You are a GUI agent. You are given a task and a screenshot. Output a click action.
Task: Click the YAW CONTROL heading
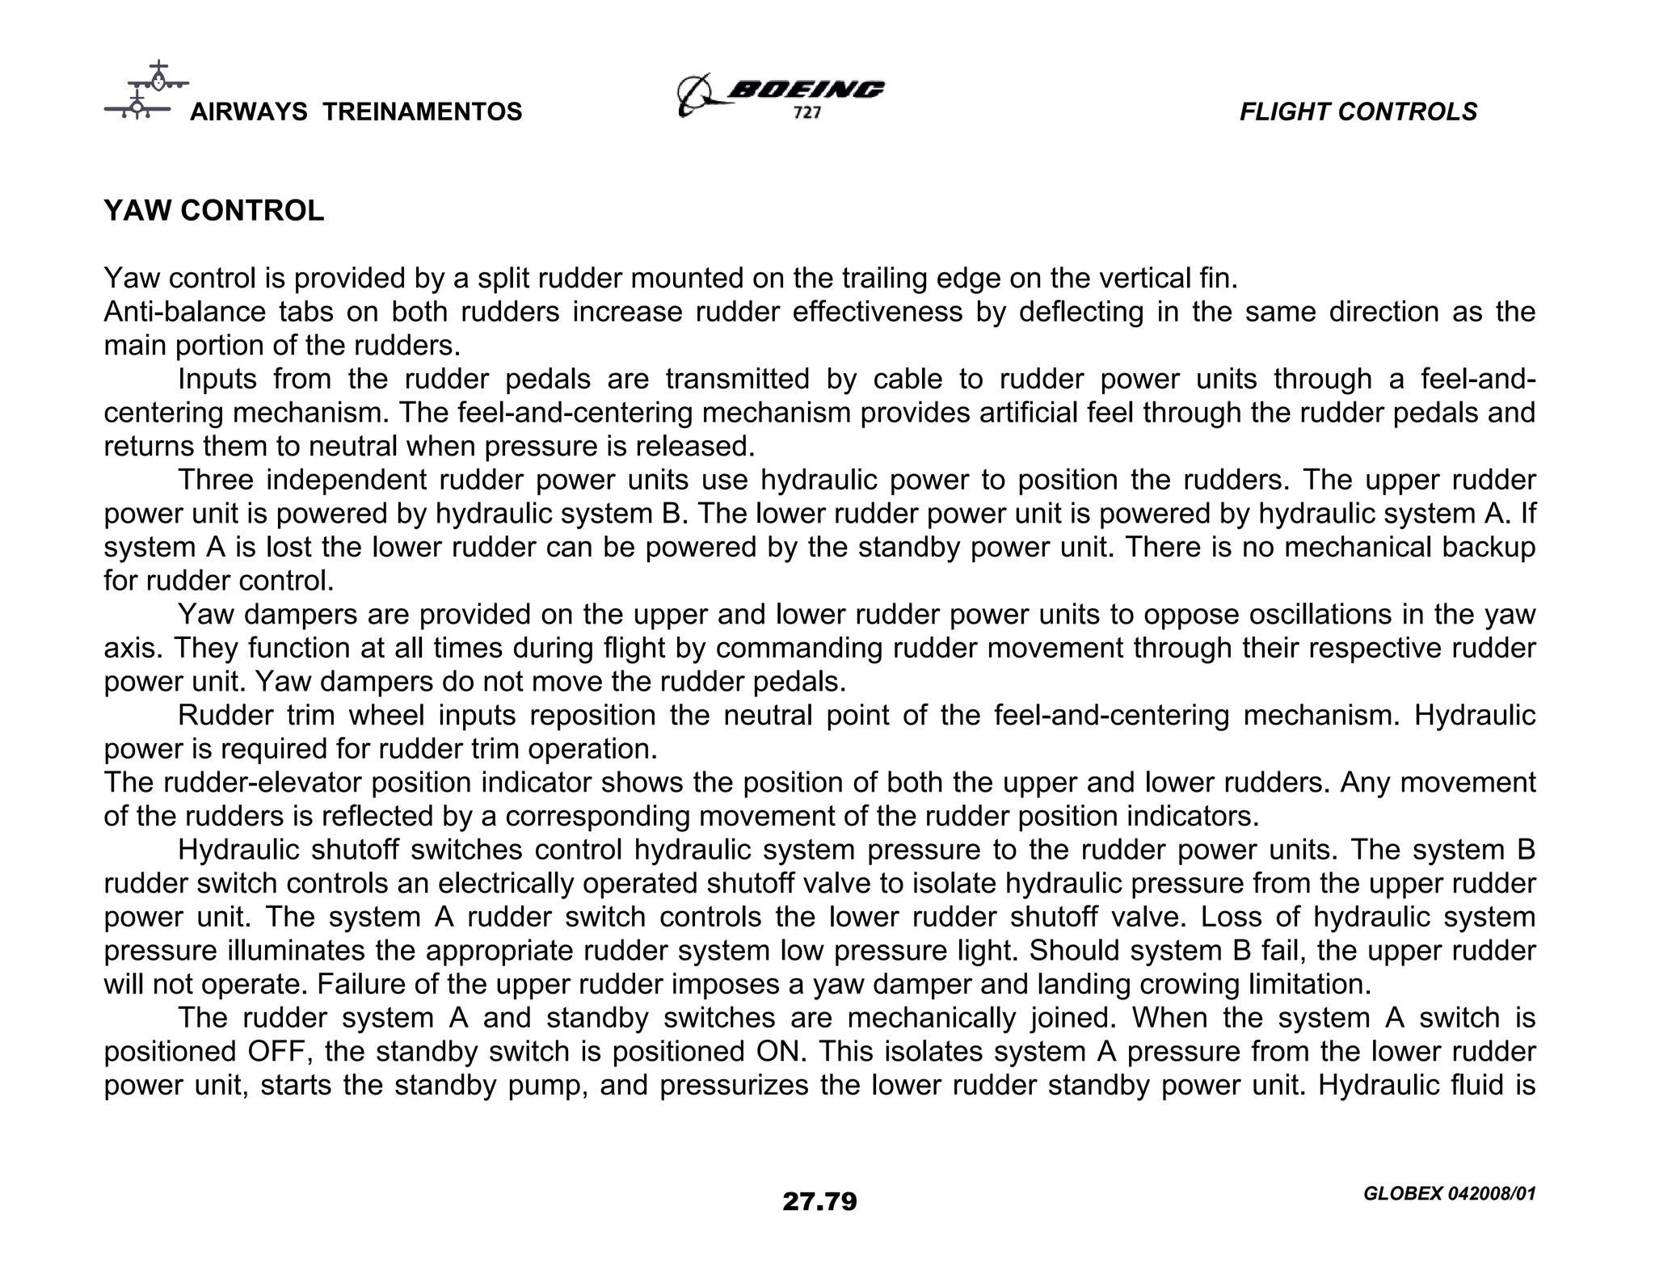(214, 211)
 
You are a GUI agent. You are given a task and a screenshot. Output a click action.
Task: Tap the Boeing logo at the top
(781, 94)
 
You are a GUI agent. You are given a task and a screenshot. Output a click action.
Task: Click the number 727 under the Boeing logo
(806, 114)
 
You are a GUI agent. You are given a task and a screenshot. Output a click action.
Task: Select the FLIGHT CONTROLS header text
(1358, 111)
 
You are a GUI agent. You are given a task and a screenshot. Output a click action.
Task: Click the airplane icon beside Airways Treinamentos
(145, 90)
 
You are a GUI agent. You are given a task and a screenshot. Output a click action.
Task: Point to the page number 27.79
(819, 1202)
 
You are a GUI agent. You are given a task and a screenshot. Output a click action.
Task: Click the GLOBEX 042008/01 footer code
(1448, 1194)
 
